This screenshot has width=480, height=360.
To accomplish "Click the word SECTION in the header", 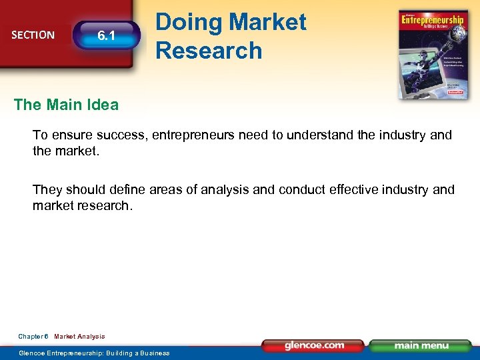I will tap(33, 35).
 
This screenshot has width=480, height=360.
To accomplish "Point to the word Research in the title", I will tap(209, 50).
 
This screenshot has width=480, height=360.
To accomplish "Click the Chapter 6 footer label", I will tap(33, 337).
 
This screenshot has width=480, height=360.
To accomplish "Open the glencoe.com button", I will tap(313, 345).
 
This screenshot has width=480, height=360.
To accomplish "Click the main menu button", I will tap(420, 345).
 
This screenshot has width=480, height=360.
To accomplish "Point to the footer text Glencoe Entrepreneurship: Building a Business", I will tap(94, 353).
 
